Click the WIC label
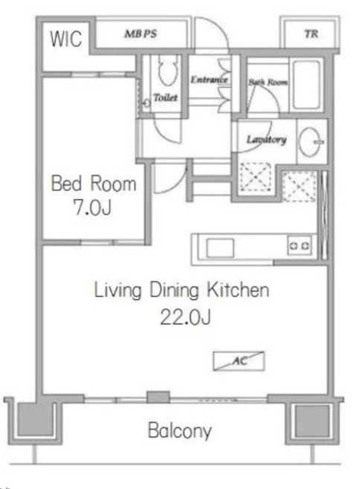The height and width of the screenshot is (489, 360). click(x=66, y=39)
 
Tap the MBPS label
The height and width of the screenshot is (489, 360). click(x=141, y=33)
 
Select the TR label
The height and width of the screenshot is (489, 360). click(x=312, y=33)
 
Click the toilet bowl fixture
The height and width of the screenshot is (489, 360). click(x=167, y=71)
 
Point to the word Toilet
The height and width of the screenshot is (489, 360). click(x=166, y=97)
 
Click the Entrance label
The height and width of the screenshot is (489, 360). click(x=209, y=80)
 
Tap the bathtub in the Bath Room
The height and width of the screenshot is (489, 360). click(x=306, y=85)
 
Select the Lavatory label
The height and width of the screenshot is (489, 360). click(x=266, y=140)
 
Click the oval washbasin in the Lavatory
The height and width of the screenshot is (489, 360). click(x=309, y=141)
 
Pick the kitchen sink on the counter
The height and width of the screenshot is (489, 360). click(x=220, y=248)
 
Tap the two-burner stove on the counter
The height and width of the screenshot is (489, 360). click(x=300, y=246)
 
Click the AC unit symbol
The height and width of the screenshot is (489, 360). click(x=239, y=361)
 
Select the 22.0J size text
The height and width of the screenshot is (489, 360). click(x=185, y=317)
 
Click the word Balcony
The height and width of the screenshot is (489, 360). click(x=180, y=431)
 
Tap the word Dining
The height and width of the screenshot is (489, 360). click(x=174, y=291)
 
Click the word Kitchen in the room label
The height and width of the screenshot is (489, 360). click(x=238, y=290)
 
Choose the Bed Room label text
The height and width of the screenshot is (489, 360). click(x=94, y=184)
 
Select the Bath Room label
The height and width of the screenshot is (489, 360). click(x=268, y=82)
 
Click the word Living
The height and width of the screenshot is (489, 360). click(x=118, y=291)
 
